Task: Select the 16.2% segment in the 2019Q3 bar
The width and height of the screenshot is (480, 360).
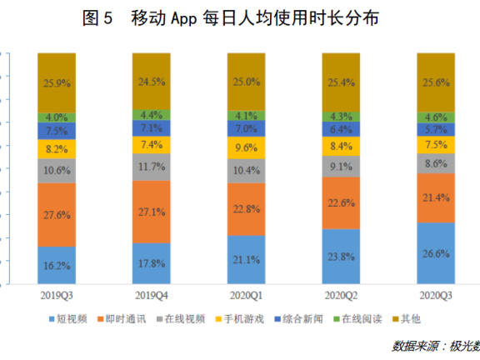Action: pos(57,265)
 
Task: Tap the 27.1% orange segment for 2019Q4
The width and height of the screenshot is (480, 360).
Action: pos(151,212)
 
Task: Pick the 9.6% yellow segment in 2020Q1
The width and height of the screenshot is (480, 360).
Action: pos(247,147)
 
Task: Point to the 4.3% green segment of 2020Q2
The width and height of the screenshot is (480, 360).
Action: pos(342,116)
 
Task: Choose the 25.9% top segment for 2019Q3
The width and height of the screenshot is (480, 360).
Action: pos(57,82)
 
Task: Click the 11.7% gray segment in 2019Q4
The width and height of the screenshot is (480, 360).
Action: pos(151,167)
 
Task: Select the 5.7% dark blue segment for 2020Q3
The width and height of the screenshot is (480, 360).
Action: pos(436,130)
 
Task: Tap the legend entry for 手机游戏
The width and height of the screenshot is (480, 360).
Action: pos(240,319)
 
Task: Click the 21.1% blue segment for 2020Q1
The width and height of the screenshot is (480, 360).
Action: pos(247,260)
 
